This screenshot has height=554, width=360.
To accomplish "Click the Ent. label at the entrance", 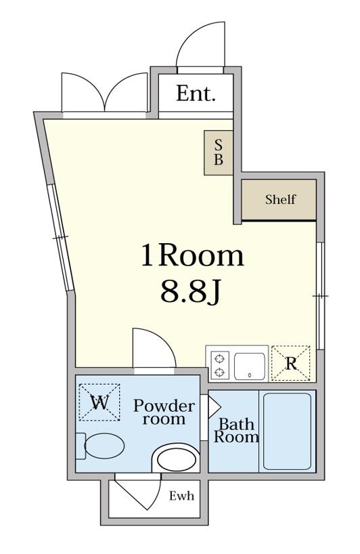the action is point(196,93).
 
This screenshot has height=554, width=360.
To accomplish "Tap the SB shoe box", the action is point(219,152).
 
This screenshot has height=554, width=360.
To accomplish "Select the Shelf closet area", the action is point(279,200).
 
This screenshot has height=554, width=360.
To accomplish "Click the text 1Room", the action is point(192,256).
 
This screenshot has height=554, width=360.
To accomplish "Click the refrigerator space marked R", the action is point(290,363).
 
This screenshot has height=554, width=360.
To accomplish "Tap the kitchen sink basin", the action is point(250,366).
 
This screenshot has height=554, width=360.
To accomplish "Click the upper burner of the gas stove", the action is point(220,359).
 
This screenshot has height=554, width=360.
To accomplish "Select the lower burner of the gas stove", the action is point(220,372).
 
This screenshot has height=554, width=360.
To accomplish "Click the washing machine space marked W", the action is point(99,402).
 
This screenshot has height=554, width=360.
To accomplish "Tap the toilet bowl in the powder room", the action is point(104,446).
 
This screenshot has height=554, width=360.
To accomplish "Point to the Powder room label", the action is point(164,412).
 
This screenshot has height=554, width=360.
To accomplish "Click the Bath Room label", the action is point(235,430).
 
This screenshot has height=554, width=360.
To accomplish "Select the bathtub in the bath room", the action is point(288,431).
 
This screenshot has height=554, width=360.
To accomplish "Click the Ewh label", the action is point(181,496).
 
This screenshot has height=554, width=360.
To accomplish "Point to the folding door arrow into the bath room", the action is point(215,407).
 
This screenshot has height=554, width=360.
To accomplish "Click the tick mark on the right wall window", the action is point(321,295).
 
